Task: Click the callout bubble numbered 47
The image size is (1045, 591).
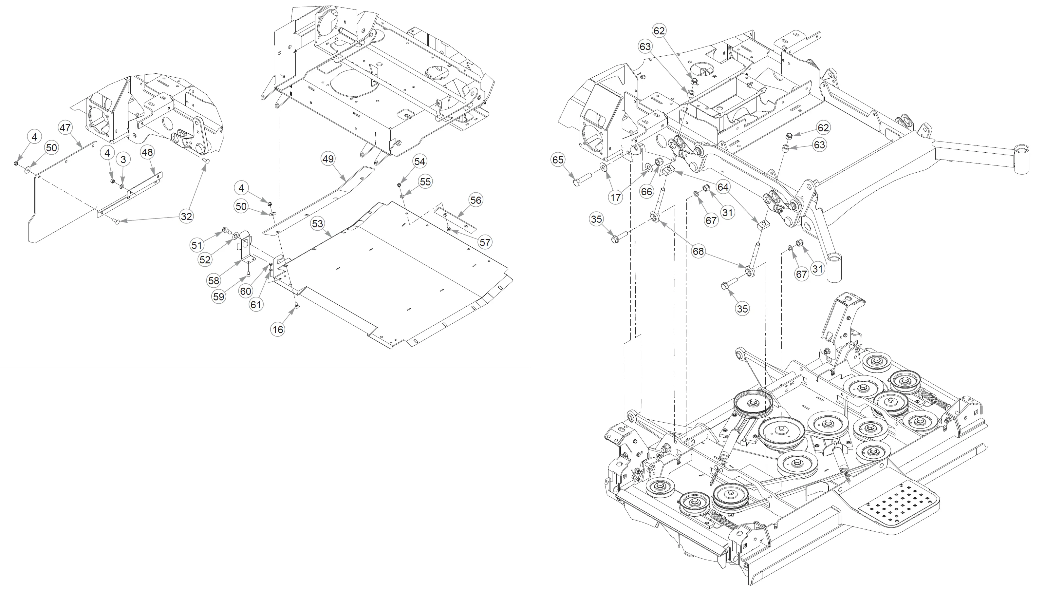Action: [x=65, y=128]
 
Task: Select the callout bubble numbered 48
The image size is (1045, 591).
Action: [x=147, y=152]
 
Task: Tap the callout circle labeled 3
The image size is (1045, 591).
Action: [x=123, y=160]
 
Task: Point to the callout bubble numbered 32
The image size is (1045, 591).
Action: [x=186, y=216]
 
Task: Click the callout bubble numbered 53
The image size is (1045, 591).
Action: [x=317, y=224]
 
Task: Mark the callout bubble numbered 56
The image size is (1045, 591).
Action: [x=476, y=200]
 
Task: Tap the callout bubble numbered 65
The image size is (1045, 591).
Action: [x=558, y=160]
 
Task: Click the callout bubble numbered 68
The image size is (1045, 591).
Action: [x=698, y=252]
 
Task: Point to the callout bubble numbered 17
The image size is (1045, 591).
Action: [x=616, y=197]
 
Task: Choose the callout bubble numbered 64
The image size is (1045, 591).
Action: [x=723, y=187]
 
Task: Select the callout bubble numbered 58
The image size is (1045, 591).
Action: [x=214, y=280]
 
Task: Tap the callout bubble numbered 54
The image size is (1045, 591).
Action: [x=420, y=162]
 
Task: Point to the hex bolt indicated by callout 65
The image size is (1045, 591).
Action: [x=578, y=180]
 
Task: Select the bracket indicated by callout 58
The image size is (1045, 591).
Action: [x=246, y=248]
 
